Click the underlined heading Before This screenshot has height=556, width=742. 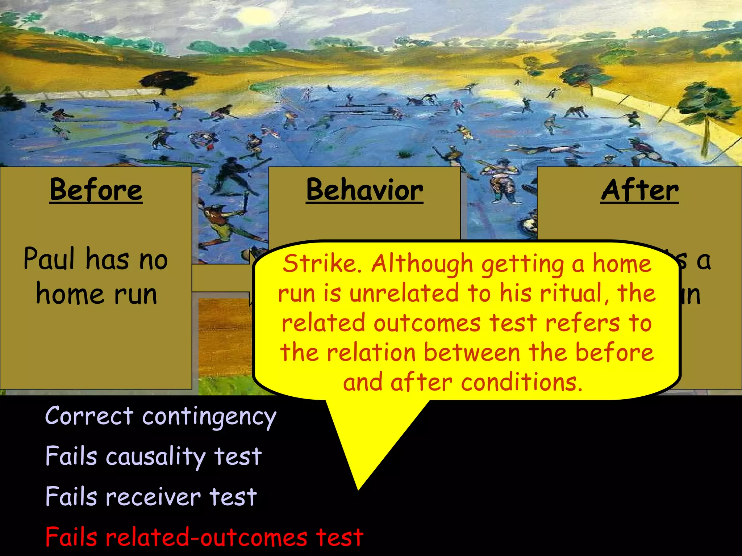(96, 190)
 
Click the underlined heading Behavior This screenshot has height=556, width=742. (364, 190)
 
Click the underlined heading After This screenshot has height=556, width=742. (639, 190)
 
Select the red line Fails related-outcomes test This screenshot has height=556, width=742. (204, 537)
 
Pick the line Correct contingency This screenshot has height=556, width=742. (161, 416)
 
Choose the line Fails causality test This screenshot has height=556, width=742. (153, 456)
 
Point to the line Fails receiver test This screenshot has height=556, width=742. (151, 497)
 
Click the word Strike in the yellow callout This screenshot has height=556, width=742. (319, 264)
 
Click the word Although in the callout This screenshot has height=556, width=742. (422, 264)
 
